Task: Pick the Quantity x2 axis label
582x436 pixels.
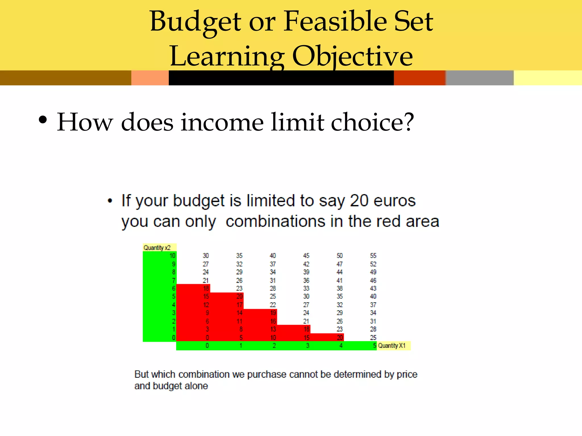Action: [x=157, y=248]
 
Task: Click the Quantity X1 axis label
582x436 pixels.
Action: [x=392, y=345]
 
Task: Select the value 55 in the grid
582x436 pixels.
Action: [x=373, y=256]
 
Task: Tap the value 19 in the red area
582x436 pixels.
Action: [x=273, y=313]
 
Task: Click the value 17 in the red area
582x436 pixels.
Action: [x=240, y=305]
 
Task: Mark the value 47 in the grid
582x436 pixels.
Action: [x=340, y=264]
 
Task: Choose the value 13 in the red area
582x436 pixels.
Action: [x=273, y=329]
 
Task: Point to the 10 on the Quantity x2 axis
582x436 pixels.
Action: [x=172, y=256]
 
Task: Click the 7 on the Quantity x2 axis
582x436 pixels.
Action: [x=174, y=280]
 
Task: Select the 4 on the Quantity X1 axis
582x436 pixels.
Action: [x=341, y=345]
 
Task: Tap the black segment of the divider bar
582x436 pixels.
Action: [x=281, y=78]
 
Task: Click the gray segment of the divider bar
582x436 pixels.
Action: [x=479, y=78]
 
